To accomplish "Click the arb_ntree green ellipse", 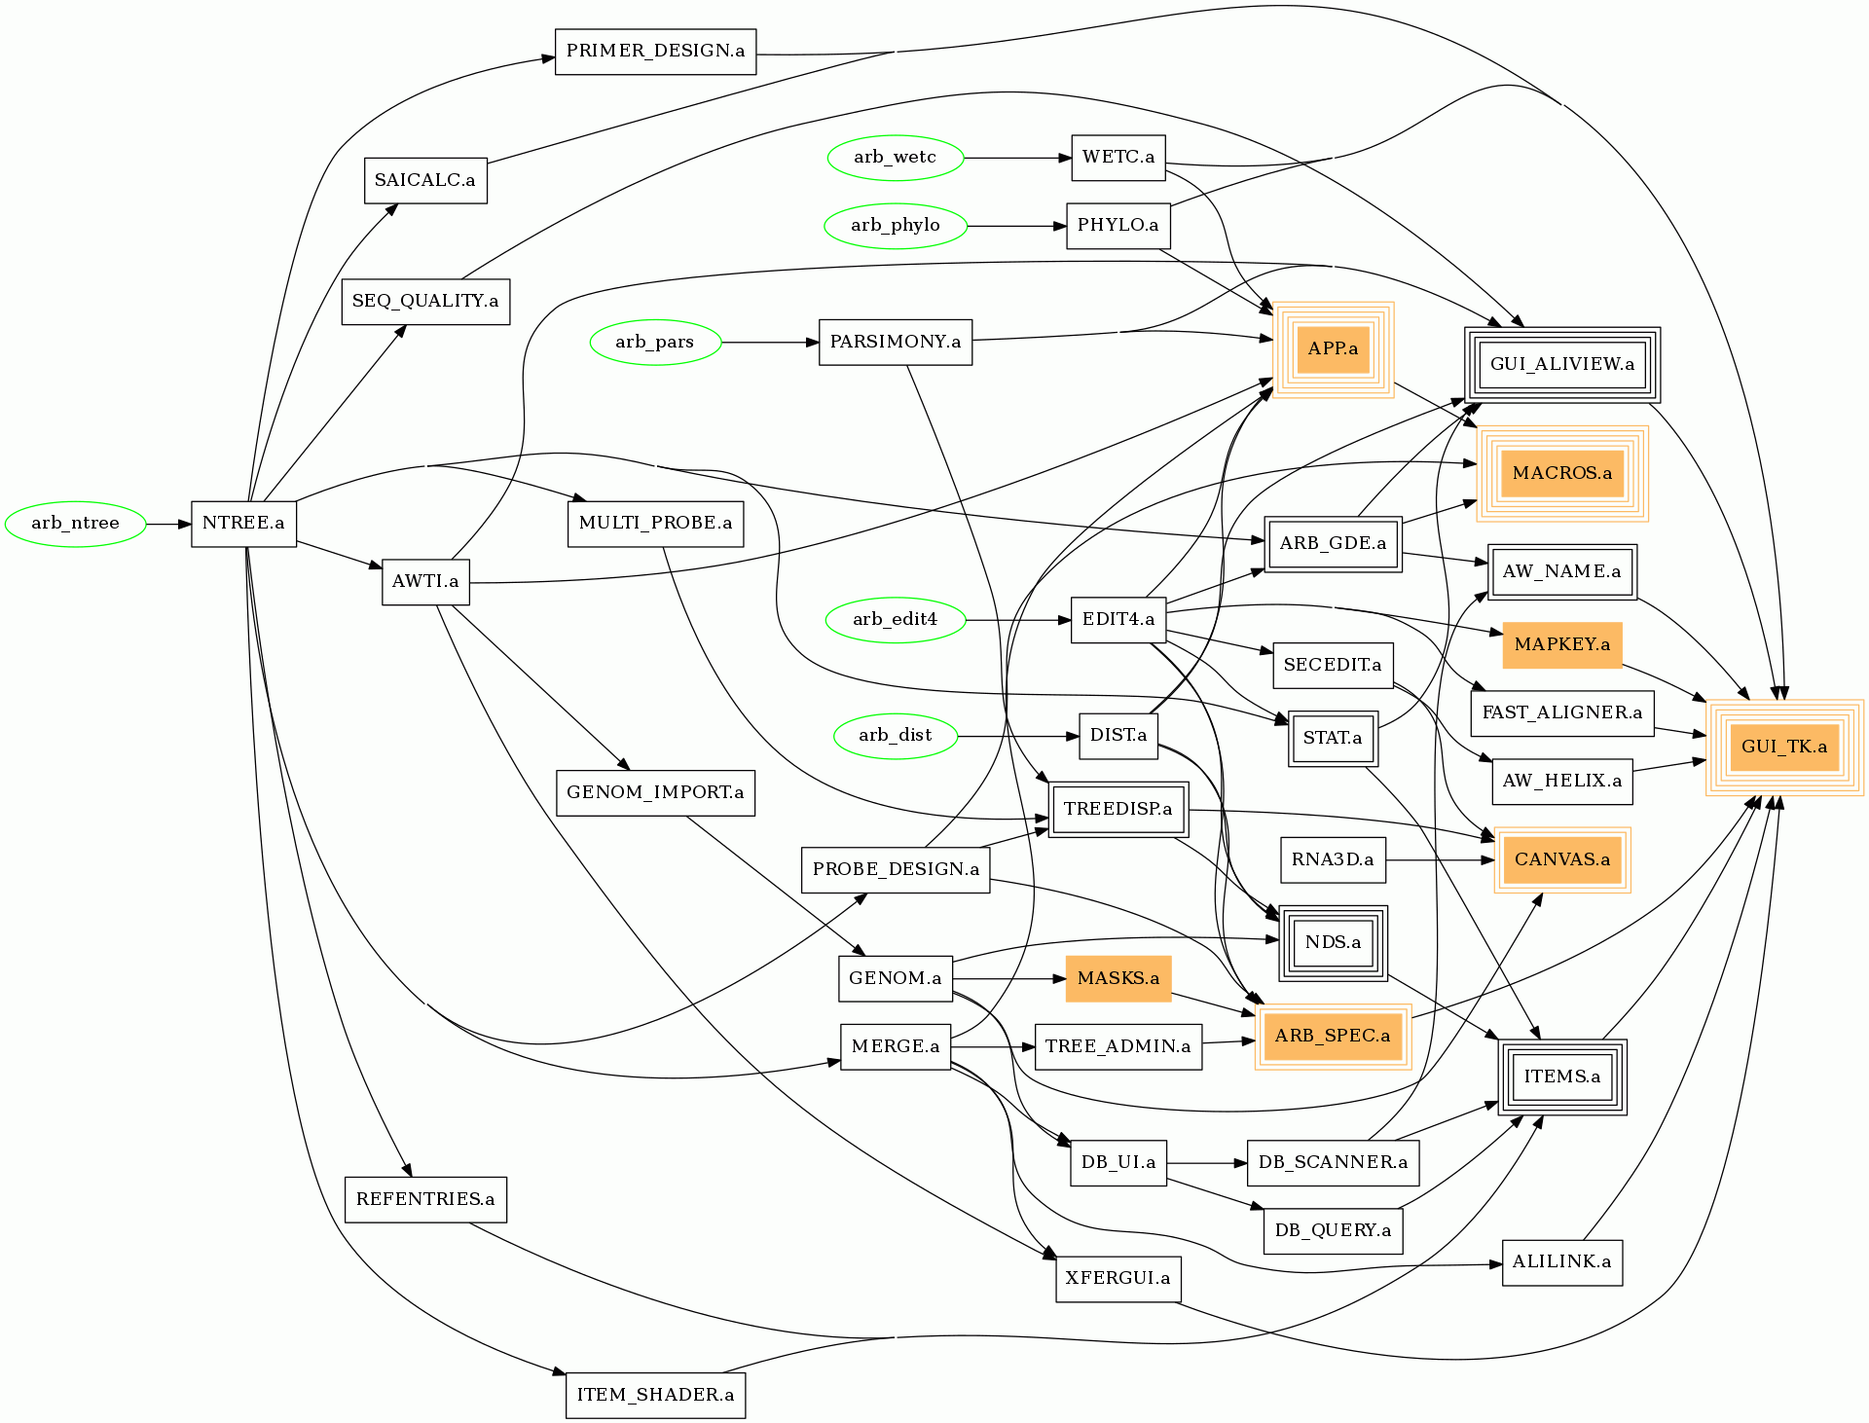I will point(76,524).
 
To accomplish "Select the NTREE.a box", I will point(243,524).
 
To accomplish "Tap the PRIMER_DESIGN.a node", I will point(655,52).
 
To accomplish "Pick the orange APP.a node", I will point(1333,349).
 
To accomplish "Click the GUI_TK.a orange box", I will point(1784,748).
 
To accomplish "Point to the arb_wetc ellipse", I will point(896,158).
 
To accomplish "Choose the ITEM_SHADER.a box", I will point(655,1395).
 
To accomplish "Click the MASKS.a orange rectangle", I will point(1118,978).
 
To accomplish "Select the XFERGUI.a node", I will point(1118,1278).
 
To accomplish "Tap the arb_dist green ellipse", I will point(896,736).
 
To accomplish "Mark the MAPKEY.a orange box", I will point(1562,644).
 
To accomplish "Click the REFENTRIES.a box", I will point(425,1199).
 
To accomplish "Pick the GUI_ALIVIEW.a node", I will point(1562,365).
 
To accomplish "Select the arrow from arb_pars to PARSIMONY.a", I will point(770,343).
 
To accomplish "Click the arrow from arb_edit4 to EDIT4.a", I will point(1018,620).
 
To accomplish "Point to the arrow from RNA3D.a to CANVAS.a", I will point(1440,860).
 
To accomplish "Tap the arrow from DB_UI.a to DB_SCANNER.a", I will point(1207,1163).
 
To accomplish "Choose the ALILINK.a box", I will point(1562,1262).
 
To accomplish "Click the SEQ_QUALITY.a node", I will point(425,302).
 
